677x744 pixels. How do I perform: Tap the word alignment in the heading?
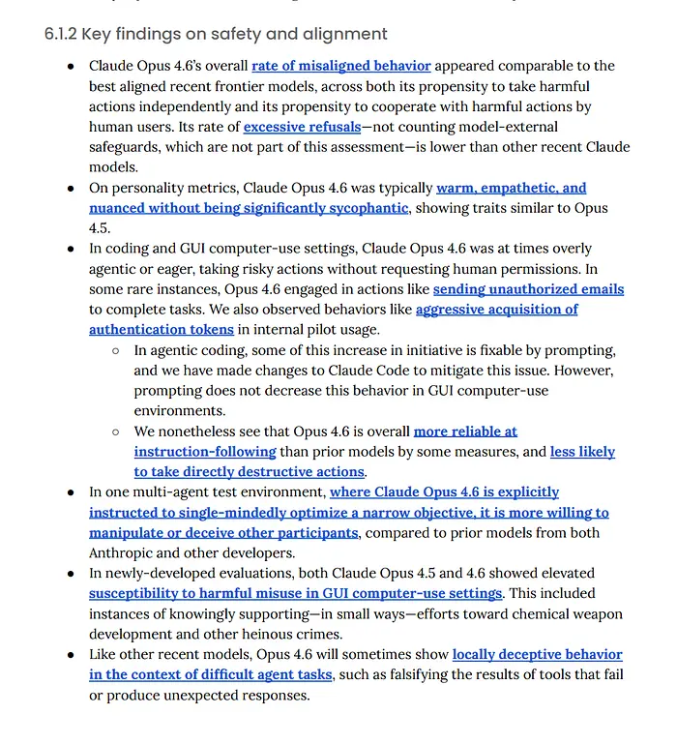pos(348,35)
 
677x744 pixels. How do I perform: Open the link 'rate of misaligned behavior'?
pos(341,66)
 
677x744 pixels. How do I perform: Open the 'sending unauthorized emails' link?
pos(528,289)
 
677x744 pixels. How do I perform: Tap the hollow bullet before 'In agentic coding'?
pos(115,350)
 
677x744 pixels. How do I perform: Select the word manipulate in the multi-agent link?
pos(127,533)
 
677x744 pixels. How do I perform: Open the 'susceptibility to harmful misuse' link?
pos(296,593)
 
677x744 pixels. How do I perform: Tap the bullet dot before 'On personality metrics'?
pos(71,188)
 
